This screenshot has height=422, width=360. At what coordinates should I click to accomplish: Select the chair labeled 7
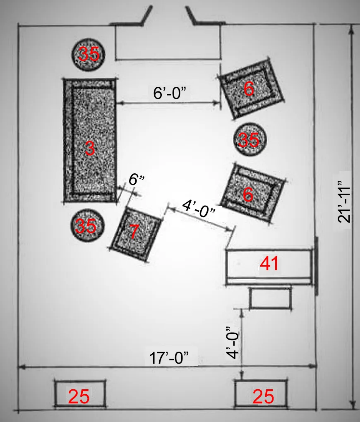[137, 234]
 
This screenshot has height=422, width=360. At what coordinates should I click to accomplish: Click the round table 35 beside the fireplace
[88, 54]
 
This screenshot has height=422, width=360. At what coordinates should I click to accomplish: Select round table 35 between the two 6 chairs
[249, 141]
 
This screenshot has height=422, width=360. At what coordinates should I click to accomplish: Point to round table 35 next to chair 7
[86, 226]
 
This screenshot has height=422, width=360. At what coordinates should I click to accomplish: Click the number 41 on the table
[269, 264]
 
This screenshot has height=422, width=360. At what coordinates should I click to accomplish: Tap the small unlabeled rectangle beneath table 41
[271, 298]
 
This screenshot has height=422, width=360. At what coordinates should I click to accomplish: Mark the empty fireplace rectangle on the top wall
[168, 43]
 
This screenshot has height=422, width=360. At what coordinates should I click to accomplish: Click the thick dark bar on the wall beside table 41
[317, 266]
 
